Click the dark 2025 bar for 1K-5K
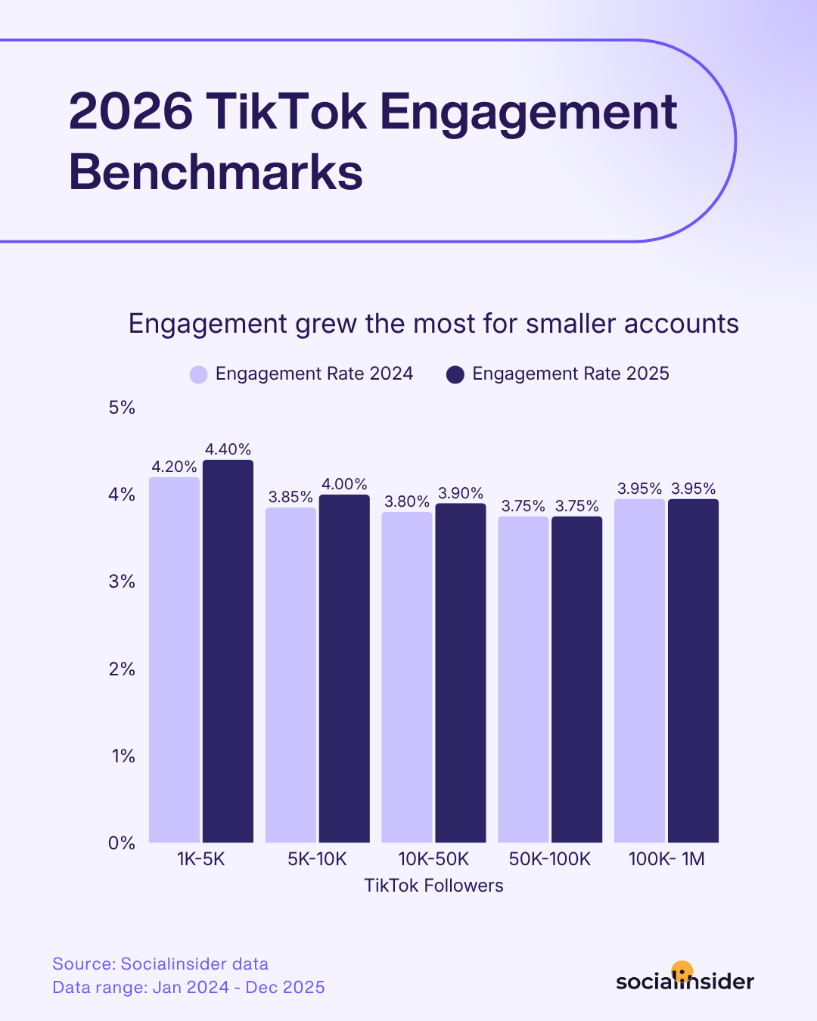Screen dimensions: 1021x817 coord(228,650)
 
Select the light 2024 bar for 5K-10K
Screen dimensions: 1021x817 coord(290,673)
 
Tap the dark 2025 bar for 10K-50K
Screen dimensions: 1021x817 coord(460,673)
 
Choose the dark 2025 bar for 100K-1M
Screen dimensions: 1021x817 coord(693,670)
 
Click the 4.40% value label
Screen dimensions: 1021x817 coord(228,449)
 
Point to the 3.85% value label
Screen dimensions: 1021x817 coord(290,497)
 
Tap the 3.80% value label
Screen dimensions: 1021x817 coord(407,501)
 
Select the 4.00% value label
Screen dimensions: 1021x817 coord(344,484)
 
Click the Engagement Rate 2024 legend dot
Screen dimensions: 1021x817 coord(198,374)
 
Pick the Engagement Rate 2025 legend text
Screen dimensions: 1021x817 coord(570,374)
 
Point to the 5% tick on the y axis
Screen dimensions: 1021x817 coord(122,408)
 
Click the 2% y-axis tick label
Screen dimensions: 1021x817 coord(122,669)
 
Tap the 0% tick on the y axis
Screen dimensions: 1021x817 coord(122,843)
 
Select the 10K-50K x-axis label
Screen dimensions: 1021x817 coord(433,859)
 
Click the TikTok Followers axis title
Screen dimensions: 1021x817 coord(433,886)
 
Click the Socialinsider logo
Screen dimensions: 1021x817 coord(685,980)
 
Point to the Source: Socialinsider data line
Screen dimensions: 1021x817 coord(160,964)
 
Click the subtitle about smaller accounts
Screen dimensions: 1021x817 coord(433,324)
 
